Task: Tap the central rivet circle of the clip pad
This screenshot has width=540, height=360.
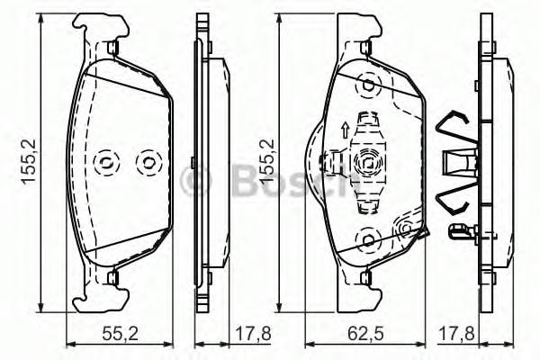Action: click(369, 162)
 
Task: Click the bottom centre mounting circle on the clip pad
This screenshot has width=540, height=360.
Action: click(369, 238)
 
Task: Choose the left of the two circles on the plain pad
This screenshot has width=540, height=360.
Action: click(105, 162)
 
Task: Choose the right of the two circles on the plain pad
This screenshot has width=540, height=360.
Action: click(144, 162)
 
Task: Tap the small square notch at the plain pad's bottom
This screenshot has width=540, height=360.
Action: click(111, 276)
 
